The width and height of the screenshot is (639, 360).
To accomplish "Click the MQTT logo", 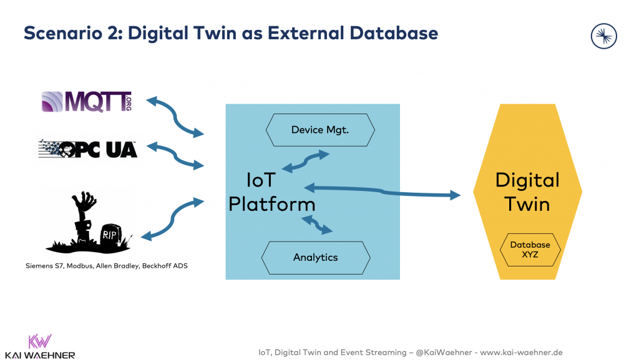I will pos(86,102).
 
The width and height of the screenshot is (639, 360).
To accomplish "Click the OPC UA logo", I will pos(87,149).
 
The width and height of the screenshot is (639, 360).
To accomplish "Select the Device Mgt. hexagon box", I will pos(320,130).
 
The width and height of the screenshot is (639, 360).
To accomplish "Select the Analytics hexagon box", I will pos(315,257).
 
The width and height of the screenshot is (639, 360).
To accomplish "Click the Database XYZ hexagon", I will pos(530,250).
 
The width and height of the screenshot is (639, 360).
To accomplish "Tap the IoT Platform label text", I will pos(271,193).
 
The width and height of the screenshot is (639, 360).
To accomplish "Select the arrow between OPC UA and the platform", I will pos(175,156).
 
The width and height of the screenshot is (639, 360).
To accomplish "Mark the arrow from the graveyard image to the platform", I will pos(173,218).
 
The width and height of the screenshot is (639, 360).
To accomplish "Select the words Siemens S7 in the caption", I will pos(44,266).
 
